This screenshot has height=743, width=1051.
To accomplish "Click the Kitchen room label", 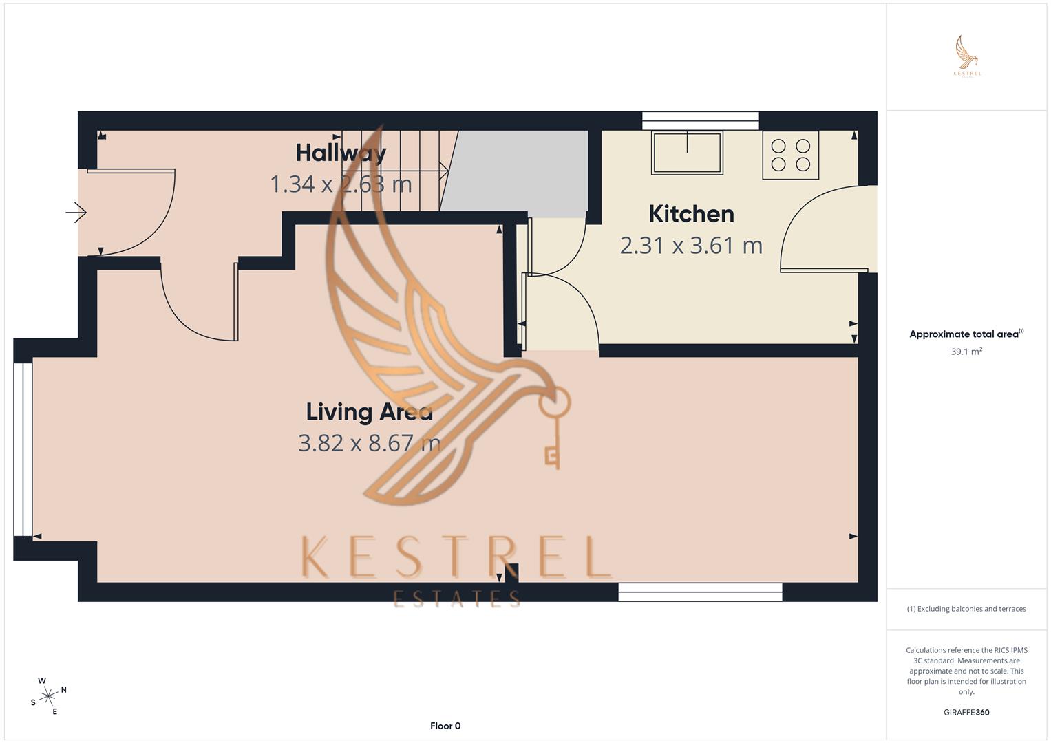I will [691, 214].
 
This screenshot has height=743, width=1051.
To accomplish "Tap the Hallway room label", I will [341, 153].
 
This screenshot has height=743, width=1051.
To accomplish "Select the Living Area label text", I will [369, 412].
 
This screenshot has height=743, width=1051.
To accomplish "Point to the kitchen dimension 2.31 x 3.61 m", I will [691, 246].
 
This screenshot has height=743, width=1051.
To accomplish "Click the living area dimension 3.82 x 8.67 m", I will [369, 443].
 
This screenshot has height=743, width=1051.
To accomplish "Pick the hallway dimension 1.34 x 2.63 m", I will [341, 184].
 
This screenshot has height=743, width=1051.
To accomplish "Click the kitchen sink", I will [688, 153].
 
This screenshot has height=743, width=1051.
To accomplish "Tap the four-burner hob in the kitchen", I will [790, 155].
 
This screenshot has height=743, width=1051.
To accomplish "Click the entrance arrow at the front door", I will [76, 213].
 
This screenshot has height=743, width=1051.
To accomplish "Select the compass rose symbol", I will [48, 696].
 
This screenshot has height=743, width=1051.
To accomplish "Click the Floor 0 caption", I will [445, 726].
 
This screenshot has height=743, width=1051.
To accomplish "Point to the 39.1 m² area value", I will [966, 352].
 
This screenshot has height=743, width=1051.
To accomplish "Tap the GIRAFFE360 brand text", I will [966, 713].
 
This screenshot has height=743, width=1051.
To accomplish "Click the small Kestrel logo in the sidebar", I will [967, 56].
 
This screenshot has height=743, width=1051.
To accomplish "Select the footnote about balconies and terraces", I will [966, 609].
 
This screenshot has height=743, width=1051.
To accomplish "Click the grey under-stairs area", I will [520, 171].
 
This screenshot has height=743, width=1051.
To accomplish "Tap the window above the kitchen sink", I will [700, 120].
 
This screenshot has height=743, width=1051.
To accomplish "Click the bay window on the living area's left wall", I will [23, 449].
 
